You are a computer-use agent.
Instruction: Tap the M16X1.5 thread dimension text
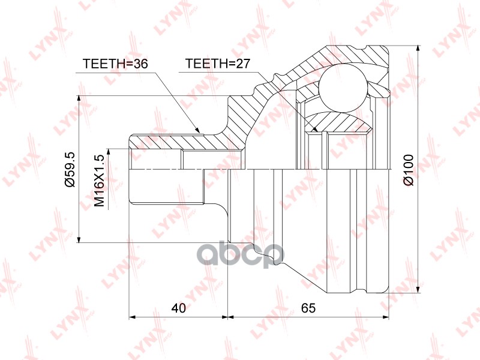(x=99, y=180)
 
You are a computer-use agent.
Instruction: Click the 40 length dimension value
(x=178, y=308)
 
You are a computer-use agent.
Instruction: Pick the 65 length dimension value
(x=308, y=308)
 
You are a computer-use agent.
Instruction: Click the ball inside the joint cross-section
(x=343, y=87)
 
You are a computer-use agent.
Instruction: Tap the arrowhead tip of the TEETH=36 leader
(x=199, y=131)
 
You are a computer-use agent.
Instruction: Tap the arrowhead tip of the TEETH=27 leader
(x=317, y=130)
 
